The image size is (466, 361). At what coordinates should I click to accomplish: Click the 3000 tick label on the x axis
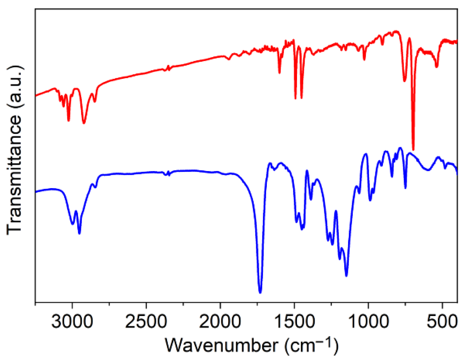[72, 322]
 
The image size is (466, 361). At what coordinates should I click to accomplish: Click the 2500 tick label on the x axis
[146, 322]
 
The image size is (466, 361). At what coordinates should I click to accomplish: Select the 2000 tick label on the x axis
[220, 322]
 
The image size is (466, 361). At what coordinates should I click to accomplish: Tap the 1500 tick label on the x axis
[294, 322]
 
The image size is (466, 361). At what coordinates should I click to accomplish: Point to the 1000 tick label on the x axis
[368, 322]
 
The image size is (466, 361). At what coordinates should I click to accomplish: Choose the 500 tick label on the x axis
[442, 322]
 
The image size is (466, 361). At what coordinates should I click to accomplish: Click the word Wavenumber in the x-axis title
[221, 345]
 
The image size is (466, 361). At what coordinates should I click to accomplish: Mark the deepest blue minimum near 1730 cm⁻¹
[260, 292]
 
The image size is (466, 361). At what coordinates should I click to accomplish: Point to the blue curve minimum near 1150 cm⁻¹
[346, 276]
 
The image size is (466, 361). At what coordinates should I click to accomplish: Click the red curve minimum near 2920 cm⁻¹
[84, 123]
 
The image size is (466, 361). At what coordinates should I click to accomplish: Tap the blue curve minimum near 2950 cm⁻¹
[79, 233]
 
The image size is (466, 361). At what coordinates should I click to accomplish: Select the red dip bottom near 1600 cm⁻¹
[279, 73]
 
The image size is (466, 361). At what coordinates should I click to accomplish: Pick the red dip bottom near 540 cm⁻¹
[436, 67]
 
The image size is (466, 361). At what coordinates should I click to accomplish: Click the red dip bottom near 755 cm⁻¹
[405, 81]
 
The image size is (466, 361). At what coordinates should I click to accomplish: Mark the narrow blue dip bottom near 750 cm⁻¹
[405, 188]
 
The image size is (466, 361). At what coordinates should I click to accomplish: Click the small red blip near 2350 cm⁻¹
[168, 68]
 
